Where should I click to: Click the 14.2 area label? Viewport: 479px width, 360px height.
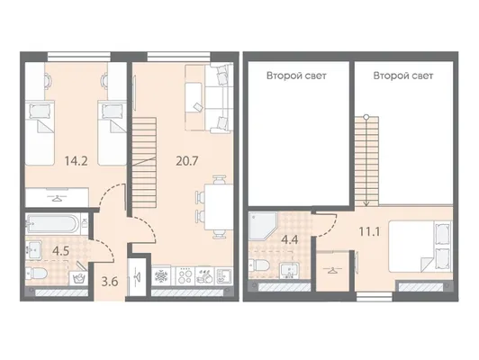click(76, 160)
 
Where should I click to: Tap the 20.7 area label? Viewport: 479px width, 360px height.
click(187, 160)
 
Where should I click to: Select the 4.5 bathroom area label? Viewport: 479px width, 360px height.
click(61, 251)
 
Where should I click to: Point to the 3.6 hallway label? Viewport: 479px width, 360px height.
click(110, 282)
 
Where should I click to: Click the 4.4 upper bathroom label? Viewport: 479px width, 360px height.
click(290, 239)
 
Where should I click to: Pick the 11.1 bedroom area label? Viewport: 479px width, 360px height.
click(369, 232)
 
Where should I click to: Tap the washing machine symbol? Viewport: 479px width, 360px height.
click(78, 278)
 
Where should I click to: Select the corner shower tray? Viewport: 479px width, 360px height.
click(262, 226)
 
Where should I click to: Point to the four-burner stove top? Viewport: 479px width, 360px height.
click(185, 276)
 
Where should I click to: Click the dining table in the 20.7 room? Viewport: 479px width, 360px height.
click(215, 207)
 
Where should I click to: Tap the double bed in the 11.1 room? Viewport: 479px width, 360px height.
click(420, 246)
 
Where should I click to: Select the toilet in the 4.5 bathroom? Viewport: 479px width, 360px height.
click(36, 272)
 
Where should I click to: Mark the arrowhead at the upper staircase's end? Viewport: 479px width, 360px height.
click(366, 204)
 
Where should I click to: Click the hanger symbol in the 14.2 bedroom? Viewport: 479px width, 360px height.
click(57, 198)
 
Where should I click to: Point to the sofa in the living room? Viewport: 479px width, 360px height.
click(209, 99)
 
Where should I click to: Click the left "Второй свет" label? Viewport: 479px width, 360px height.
click(296, 76)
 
